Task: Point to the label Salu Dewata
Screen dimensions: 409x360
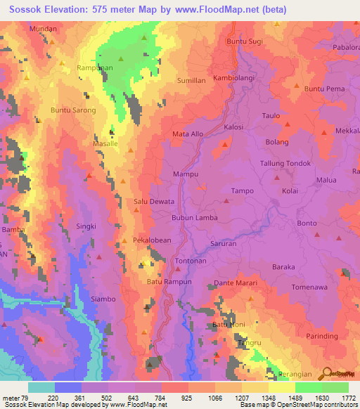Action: [153, 202]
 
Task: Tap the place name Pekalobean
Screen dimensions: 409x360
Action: [152, 240]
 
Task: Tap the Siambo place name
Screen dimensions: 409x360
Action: [103, 299]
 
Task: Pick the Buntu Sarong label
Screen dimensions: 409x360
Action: [72, 110]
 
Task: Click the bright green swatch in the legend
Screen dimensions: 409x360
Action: [308, 387]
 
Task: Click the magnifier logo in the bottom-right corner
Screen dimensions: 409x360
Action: [326, 375]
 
